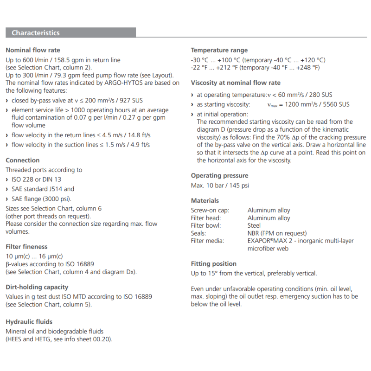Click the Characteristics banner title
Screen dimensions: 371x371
pyautogui.click(x=36, y=33)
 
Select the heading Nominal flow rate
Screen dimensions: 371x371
pyautogui.click(x=32, y=50)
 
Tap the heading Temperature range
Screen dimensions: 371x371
pyautogui.click(x=219, y=50)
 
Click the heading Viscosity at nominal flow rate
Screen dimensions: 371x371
pyautogui.click(x=236, y=83)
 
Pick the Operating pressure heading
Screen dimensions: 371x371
pyautogui.click(x=219, y=175)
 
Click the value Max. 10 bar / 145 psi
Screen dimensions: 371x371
pyautogui.click(x=220, y=185)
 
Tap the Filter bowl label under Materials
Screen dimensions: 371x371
pyautogui.click(x=206, y=225)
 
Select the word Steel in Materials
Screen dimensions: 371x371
pyautogui.click(x=254, y=225)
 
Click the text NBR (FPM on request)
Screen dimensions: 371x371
pyautogui.click(x=277, y=233)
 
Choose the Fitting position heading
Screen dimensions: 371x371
pyautogui.click(x=214, y=263)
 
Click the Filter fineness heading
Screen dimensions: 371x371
pyautogui.click(x=26, y=246)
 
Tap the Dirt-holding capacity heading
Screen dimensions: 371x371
pyautogui.click(x=37, y=287)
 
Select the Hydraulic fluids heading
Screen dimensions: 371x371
pyautogui.click(x=29, y=321)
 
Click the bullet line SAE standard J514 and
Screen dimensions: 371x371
pyautogui.click(x=43, y=189)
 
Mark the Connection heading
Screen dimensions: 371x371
pyautogui.click(x=22, y=160)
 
